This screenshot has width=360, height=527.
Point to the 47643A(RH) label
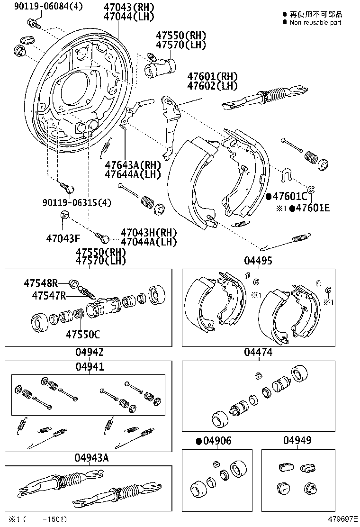133,165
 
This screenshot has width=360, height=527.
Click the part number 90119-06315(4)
75,202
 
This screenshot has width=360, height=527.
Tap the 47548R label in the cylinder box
41,283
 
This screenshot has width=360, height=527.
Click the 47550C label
83,334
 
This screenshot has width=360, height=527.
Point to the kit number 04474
258,352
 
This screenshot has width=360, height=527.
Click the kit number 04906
217,441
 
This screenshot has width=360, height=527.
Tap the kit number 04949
297,441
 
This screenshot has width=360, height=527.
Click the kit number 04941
90,366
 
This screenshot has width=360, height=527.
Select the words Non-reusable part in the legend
315,22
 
